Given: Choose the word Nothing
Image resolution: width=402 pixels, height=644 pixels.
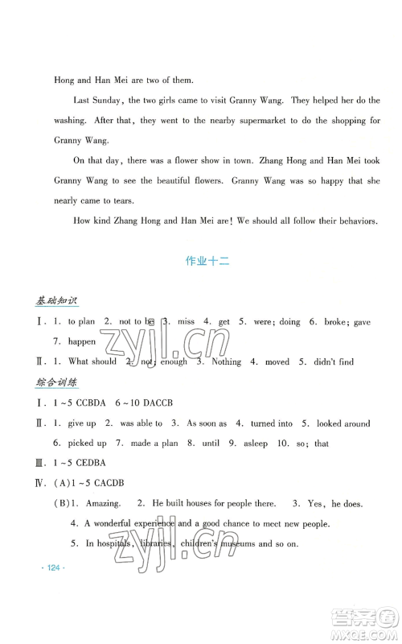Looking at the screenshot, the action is (225, 362).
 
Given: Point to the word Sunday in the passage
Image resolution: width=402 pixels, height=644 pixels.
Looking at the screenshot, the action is (106, 101).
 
